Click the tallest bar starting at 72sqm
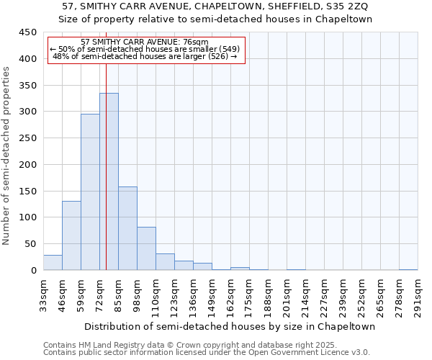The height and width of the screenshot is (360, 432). pyautogui.click(x=109, y=181)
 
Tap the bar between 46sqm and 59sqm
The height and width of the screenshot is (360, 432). pyautogui.click(x=71, y=235)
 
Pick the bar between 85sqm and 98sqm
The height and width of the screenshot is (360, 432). pyautogui.click(x=127, y=228)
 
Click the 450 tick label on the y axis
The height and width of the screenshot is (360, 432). pyautogui.click(x=27, y=32)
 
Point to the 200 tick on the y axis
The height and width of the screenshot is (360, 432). pyautogui.click(x=27, y=165)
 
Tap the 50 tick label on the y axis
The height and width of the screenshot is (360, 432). pyautogui.click(x=30, y=244)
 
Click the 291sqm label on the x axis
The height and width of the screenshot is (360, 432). pyautogui.click(x=418, y=295)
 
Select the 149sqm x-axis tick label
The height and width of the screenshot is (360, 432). pyautogui.click(x=212, y=295)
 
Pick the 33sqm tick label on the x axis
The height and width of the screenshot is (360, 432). pyautogui.click(x=44, y=295)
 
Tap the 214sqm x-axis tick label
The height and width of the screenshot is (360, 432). pyautogui.click(x=306, y=295)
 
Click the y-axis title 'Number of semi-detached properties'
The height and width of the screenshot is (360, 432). pyautogui.click(x=7, y=156)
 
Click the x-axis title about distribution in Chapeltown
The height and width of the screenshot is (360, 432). pyautogui.click(x=230, y=326)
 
